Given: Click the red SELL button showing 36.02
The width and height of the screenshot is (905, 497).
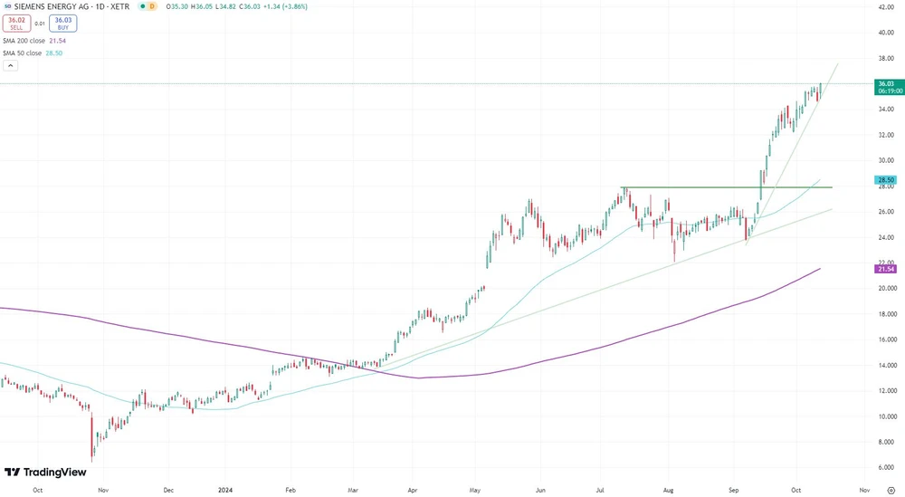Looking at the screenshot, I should coord(16,22).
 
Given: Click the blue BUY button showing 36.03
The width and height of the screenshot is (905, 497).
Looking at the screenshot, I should coord(62,22).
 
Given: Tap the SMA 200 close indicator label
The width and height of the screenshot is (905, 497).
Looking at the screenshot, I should coord(34,41).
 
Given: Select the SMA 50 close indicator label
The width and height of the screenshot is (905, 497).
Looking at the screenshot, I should coord(33,53).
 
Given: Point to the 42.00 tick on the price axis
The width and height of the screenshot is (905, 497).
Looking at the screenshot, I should coord(885,7).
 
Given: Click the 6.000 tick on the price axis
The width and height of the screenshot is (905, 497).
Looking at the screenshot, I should coord(885,467).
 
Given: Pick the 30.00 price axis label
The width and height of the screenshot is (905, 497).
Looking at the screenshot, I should coord(885,160).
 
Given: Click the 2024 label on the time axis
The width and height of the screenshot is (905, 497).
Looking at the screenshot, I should coord(227,489).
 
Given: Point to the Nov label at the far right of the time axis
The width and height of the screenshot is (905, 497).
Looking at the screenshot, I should coord(864,489).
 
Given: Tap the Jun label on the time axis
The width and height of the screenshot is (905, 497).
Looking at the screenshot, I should coord(539,489).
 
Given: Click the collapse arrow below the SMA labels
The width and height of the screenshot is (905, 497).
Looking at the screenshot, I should coord(10,65).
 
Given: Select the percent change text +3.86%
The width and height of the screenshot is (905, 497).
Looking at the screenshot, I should coord(292,6).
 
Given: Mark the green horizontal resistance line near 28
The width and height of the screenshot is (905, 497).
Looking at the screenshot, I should coord(724,187).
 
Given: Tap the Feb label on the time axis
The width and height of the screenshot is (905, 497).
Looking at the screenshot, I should coord(291,489).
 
